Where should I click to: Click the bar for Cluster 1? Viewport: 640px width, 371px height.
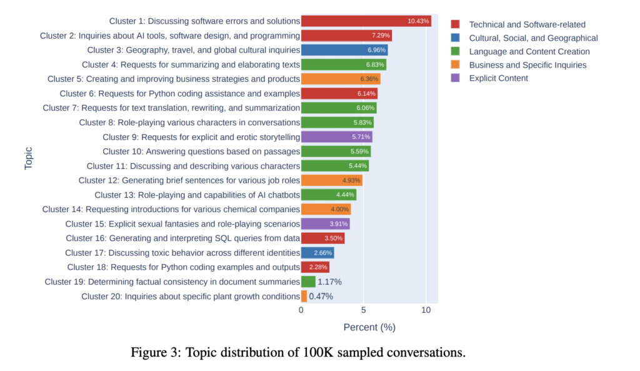pyautogui.click(x=366, y=21)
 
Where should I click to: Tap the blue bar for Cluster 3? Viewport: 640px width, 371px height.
pyautogui.click(x=344, y=50)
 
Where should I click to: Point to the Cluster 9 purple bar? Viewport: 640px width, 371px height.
pyautogui.click(x=336, y=136)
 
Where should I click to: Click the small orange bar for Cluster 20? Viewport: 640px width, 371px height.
pyautogui.click(x=304, y=296)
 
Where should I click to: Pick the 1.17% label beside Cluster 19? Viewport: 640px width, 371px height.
pyautogui.click(x=329, y=282)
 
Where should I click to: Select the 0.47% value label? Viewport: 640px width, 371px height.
pyautogui.click(x=321, y=296)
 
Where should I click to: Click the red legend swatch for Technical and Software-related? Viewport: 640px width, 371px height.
pyautogui.click(x=456, y=24)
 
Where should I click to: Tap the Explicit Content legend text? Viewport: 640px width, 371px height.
pyautogui.click(x=498, y=78)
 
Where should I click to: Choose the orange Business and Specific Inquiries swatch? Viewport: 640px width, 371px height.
pyautogui.click(x=456, y=65)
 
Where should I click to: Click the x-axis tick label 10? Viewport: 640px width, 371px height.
pyautogui.click(x=426, y=310)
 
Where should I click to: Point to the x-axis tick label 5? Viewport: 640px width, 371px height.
pyautogui.click(x=363, y=310)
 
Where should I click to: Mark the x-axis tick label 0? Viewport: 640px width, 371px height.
pyautogui.click(x=301, y=310)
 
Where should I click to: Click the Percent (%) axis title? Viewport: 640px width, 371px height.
pyautogui.click(x=369, y=327)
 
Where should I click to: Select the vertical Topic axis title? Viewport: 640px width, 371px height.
pyautogui.click(x=29, y=158)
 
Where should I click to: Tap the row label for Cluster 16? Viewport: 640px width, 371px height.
pyautogui.click(x=182, y=238)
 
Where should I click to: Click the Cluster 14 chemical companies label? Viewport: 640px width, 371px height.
pyautogui.click(x=171, y=209)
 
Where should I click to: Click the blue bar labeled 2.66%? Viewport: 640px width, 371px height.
pyautogui.click(x=317, y=253)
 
